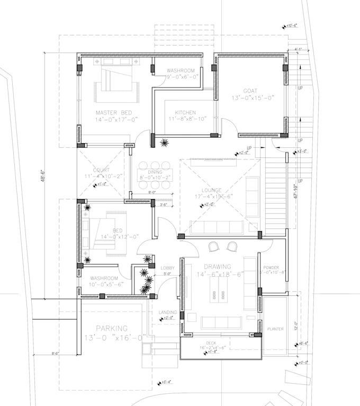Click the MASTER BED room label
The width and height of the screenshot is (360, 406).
pos(113,112)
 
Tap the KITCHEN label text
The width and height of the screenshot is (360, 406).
pos(185,112)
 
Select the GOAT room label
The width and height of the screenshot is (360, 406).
pos(250,91)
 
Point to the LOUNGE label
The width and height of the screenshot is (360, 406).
pos(211,190)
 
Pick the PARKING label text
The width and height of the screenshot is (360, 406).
pos(112,328)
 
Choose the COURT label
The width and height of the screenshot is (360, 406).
pos(101,170)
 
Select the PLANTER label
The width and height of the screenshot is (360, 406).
pos(275,329)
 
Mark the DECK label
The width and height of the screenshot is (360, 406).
pos(210,343)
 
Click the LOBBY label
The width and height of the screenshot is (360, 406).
pos(167,268)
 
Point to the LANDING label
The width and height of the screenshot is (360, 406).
pos(167,312)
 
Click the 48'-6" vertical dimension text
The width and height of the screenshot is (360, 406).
pos(44,174)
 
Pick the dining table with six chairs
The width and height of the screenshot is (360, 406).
pos(153,175)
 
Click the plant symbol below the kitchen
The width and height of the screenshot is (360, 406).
pos(165,142)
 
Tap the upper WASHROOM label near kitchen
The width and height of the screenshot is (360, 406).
pos(181,70)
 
